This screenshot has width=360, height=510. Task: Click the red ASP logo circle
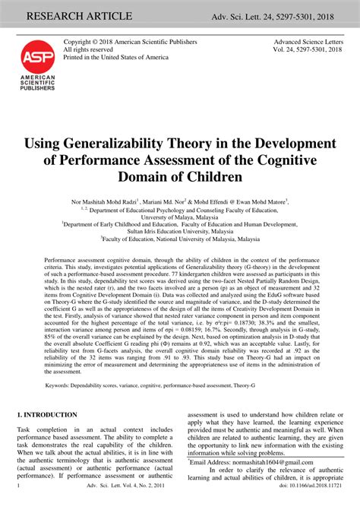pos(37,56)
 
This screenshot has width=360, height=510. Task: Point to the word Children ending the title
pos(229,177)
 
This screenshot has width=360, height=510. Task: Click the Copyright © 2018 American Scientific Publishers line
pos(130,41)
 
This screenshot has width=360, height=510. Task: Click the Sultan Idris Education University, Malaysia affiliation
pos(179,231)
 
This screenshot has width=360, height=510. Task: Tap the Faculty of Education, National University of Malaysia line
pos(179,239)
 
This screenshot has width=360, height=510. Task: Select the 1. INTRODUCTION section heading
pos(47,415)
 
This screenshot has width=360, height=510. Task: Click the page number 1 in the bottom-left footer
pos(17,504)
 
